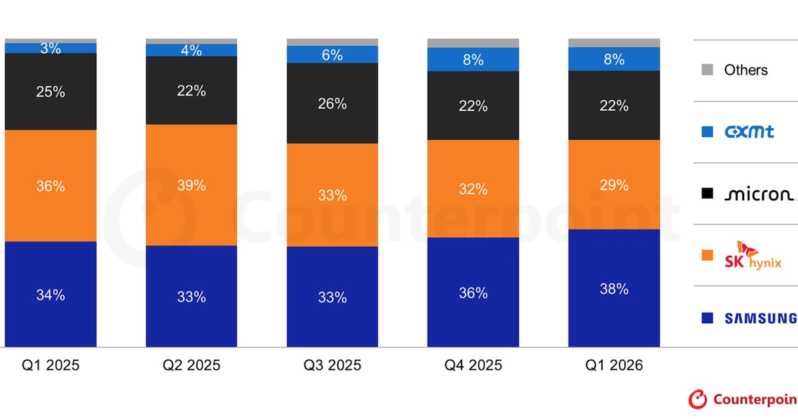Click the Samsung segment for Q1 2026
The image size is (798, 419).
point(614,288)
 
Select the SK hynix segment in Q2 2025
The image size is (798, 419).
point(192,185)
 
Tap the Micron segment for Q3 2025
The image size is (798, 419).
point(332,103)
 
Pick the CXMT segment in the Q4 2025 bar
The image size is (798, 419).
point(473,59)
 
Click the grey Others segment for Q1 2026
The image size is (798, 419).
point(614,43)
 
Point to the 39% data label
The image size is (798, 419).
point(192,186)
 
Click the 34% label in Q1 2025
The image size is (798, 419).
point(51,295)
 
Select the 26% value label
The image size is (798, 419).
point(332,104)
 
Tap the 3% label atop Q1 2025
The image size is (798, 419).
point(51,49)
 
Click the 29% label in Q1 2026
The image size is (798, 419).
point(614,185)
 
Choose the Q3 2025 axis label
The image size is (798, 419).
point(332,365)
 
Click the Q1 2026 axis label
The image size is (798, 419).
point(614,365)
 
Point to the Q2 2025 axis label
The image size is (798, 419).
point(192,365)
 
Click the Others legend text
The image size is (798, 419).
point(746,70)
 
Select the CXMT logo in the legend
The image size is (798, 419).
point(749,132)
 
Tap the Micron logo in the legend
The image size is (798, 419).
point(759,194)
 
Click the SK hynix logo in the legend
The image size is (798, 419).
point(753,255)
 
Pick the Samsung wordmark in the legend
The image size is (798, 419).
point(761,318)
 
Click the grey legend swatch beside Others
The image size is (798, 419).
point(707,70)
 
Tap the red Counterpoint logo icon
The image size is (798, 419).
point(698,399)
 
